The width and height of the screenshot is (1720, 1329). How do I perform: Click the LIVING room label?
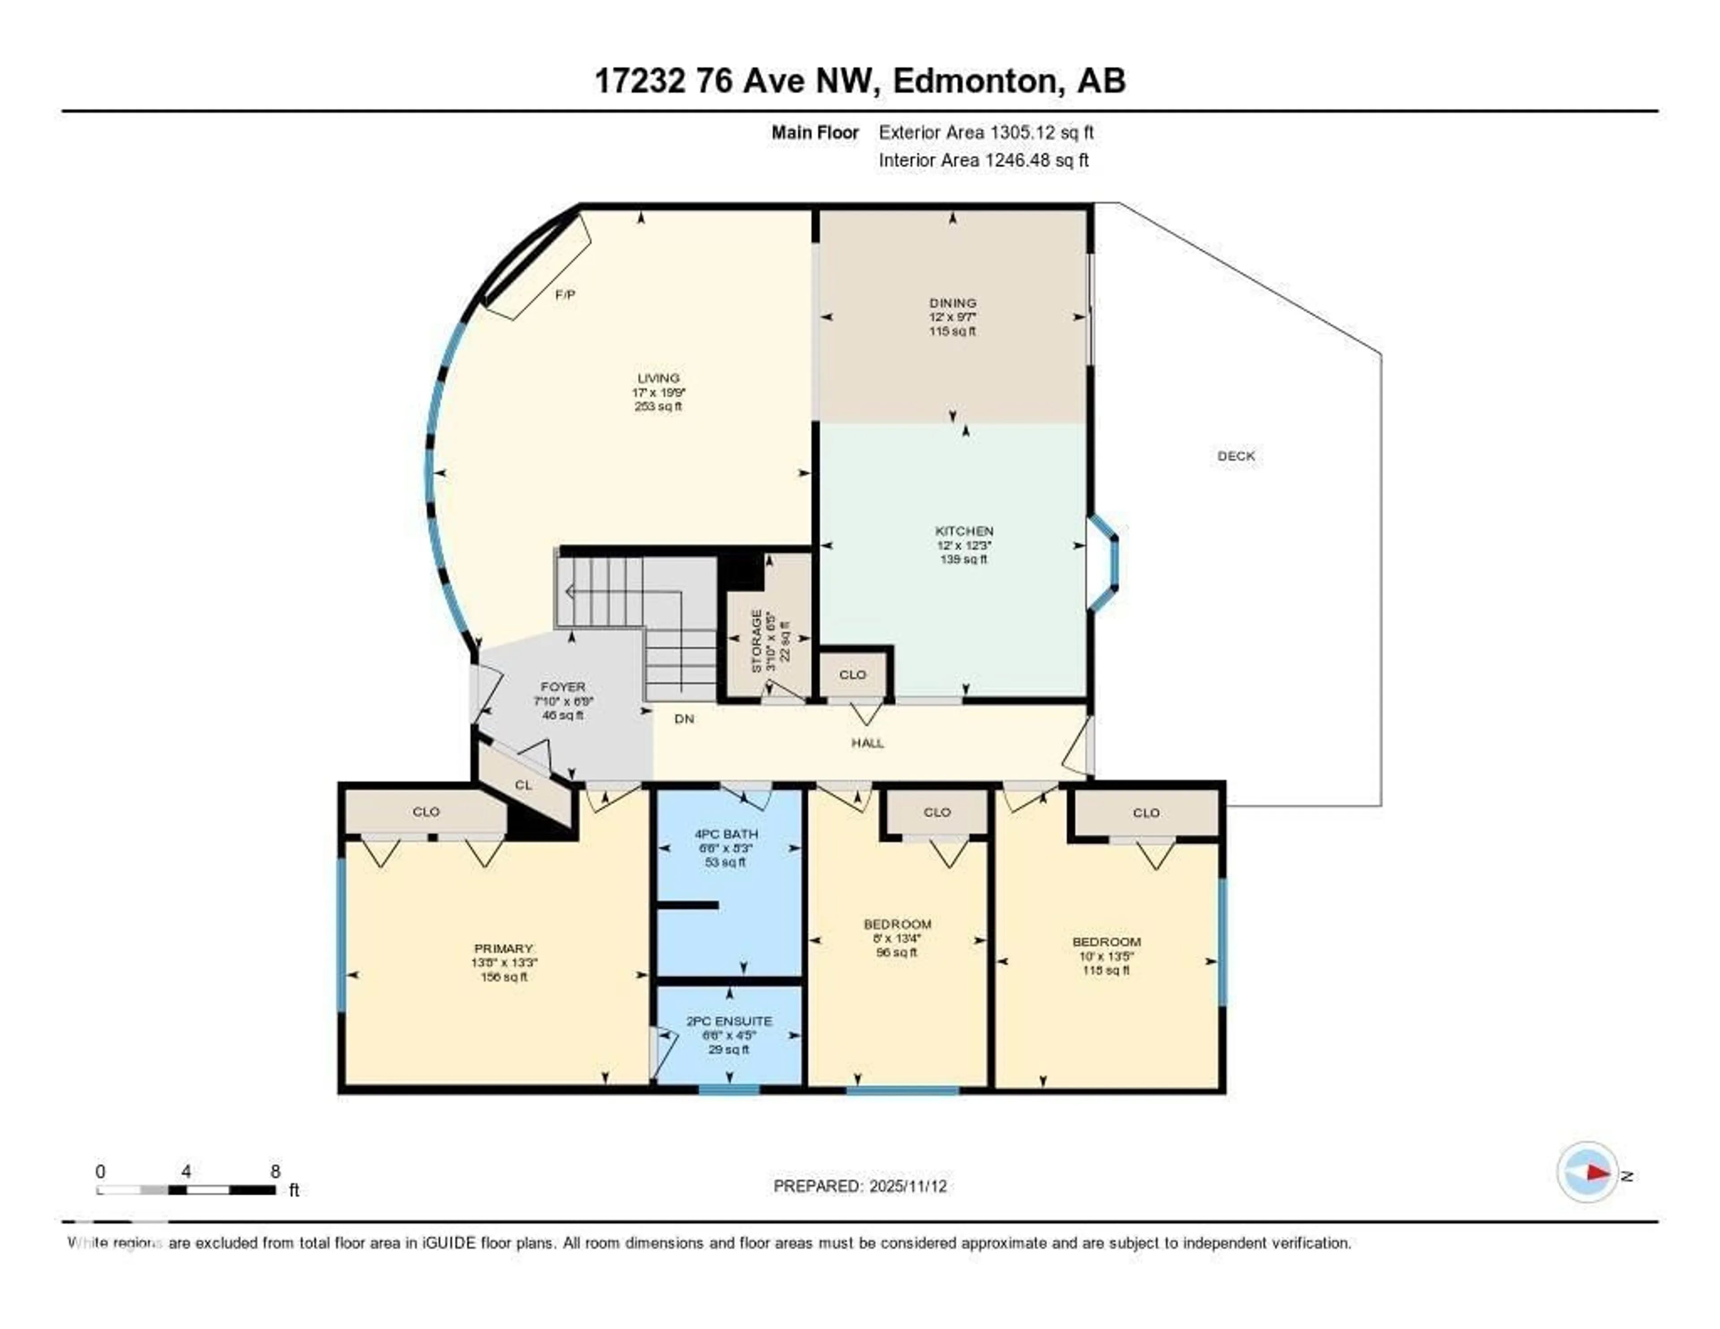(658, 378)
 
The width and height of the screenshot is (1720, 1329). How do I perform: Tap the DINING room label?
(952, 302)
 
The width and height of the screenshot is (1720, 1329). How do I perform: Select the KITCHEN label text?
(964, 531)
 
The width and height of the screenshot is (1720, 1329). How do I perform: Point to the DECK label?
(1236, 456)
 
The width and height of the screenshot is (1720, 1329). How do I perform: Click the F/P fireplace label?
(565, 295)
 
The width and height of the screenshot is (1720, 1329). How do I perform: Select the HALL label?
(867, 743)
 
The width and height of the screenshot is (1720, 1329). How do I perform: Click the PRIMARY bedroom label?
(503, 949)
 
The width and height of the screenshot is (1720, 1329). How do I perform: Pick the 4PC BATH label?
(726, 833)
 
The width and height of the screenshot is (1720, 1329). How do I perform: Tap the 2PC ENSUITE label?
(728, 1021)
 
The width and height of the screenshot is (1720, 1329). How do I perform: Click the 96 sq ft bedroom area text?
(896, 953)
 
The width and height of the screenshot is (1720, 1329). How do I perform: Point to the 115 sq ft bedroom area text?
(1106, 971)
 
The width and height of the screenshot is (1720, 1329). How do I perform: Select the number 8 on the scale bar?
(275, 1171)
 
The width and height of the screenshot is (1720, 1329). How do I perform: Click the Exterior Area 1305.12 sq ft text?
(986, 132)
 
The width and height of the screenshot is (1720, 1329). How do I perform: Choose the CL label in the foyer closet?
(523, 785)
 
